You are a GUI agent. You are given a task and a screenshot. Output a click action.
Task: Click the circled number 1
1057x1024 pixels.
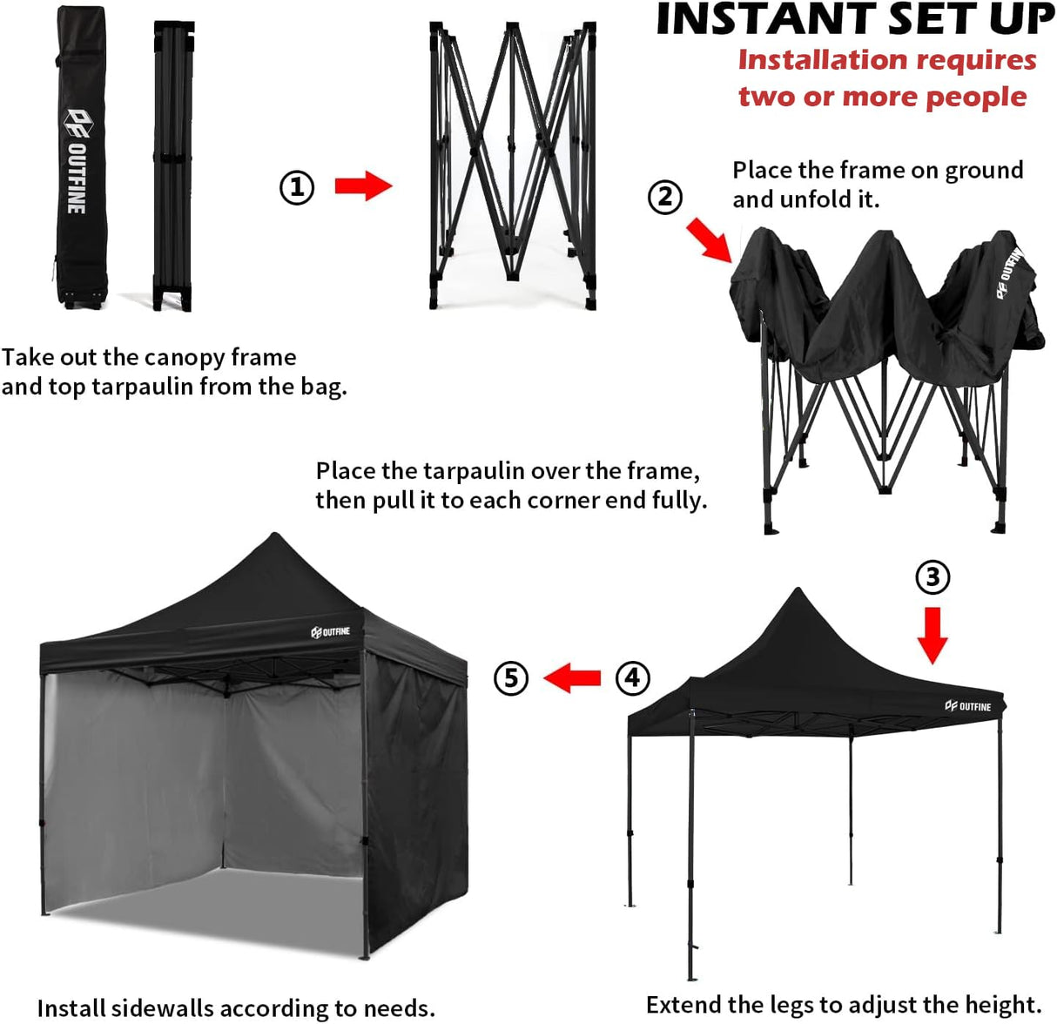click(296, 187)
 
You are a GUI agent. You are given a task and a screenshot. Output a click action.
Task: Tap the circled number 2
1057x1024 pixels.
click(664, 197)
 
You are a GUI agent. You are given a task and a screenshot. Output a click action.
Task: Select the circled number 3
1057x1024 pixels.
click(932, 576)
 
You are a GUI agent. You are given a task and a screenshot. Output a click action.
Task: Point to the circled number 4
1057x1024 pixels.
click(633, 677)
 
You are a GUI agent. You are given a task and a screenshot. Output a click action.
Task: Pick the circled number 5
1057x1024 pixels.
click(511, 677)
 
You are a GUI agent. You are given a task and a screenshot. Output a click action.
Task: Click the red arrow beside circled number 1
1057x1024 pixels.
click(364, 185)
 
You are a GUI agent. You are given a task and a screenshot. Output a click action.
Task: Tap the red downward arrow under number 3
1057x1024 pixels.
click(932, 635)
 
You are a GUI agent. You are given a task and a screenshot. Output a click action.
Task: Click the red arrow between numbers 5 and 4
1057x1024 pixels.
click(572, 677)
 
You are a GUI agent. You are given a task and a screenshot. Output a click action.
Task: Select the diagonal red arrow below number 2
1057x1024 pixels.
click(709, 239)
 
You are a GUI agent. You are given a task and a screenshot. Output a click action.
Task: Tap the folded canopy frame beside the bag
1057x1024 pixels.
click(173, 165)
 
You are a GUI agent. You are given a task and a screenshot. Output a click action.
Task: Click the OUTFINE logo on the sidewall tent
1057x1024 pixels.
click(330, 631)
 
